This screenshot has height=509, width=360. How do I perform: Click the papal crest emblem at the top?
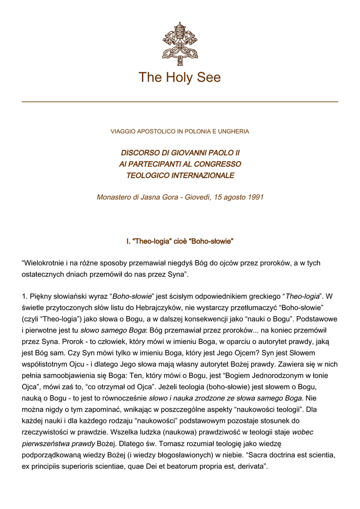[x=180, y=44]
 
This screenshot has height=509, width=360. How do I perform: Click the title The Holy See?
[x=180, y=78]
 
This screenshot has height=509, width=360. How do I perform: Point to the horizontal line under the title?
[x=180, y=101]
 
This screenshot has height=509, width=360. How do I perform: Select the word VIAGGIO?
[x=122, y=132]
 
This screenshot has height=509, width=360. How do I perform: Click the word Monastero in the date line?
[x=113, y=197]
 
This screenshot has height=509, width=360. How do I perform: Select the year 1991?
[x=255, y=197]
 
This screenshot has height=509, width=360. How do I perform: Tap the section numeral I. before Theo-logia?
[x=128, y=242]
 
